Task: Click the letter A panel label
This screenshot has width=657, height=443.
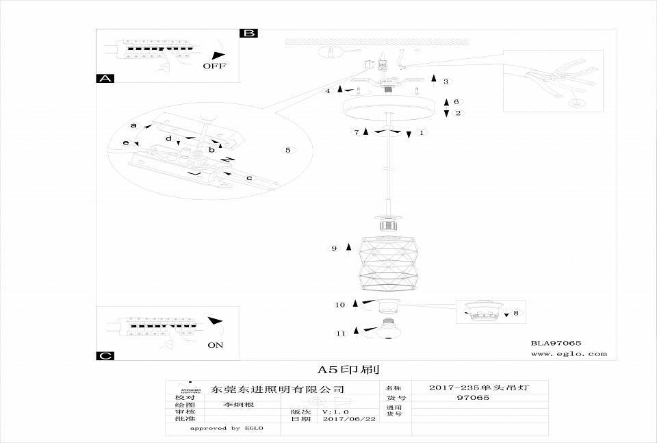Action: [x=105, y=79]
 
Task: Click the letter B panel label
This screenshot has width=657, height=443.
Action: [x=249, y=33]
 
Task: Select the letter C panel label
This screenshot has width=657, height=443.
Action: [x=105, y=355]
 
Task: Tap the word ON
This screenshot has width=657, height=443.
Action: [x=216, y=345]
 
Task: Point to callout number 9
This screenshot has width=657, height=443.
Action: [x=334, y=249]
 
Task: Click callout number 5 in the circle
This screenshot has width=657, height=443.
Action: [x=287, y=149]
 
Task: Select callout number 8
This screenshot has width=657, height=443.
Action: [x=515, y=312]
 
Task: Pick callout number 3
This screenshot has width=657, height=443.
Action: [x=446, y=81]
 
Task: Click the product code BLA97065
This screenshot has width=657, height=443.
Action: [x=556, y=343]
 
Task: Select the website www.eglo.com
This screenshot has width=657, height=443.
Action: [x=568, y=354]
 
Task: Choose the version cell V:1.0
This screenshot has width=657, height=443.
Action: [x=336, y=412]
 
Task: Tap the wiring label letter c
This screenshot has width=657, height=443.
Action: [x=249, y=179]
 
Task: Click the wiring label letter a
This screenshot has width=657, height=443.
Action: [x=133, y=126]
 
